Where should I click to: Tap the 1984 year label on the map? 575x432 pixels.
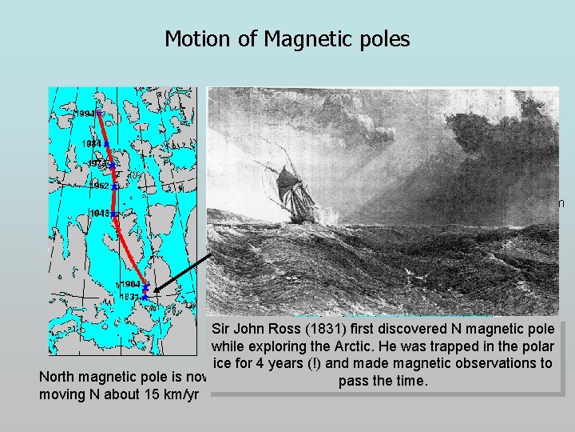coord(91,144)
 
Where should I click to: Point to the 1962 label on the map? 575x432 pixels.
coord(100,186)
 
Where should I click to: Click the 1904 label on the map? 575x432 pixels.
coord(130,284)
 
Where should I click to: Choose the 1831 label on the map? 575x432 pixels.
coord(130,297)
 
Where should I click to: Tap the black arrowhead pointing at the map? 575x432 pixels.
coord(158,291)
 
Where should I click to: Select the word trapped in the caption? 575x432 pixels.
coord(461,347)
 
